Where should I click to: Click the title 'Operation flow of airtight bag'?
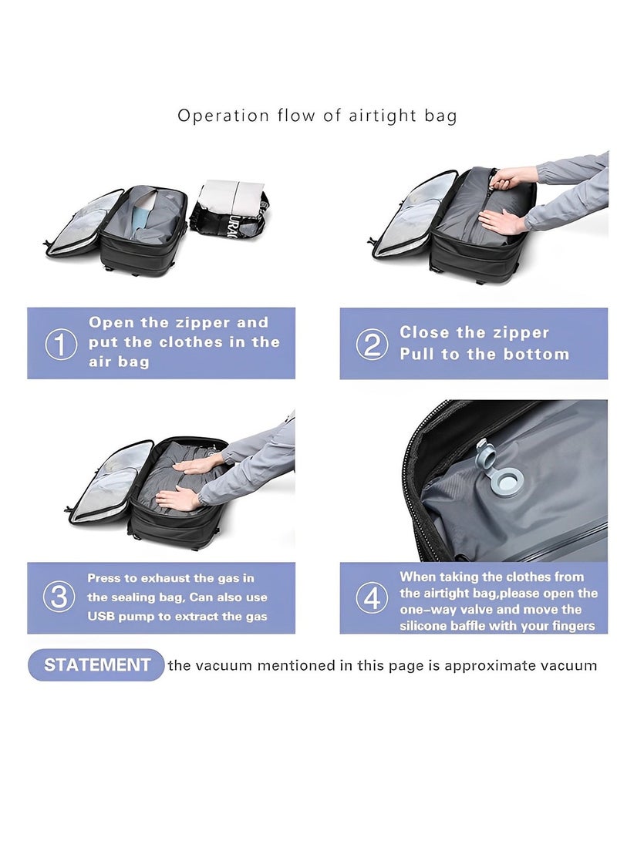pos(317,116)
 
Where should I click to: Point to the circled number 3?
pos(59,597)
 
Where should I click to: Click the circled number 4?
pos(371,598)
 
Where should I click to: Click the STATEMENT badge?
pos(96,665)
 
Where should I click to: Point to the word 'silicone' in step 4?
pos(424,626)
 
